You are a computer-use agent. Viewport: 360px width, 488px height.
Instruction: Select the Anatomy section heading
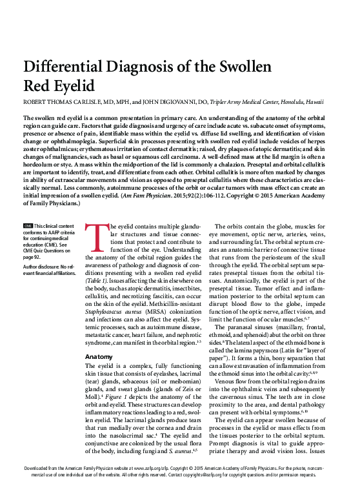point(99,356)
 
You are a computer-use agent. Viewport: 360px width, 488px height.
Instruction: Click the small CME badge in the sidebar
point(28,225)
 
